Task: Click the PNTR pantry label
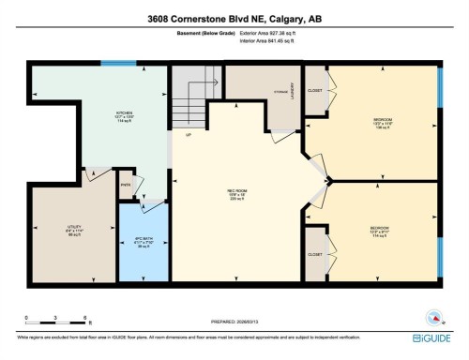125,184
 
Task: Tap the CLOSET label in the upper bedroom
315,91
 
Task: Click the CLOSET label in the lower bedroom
315,254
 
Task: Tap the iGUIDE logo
432,336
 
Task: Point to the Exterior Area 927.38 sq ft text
256,34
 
